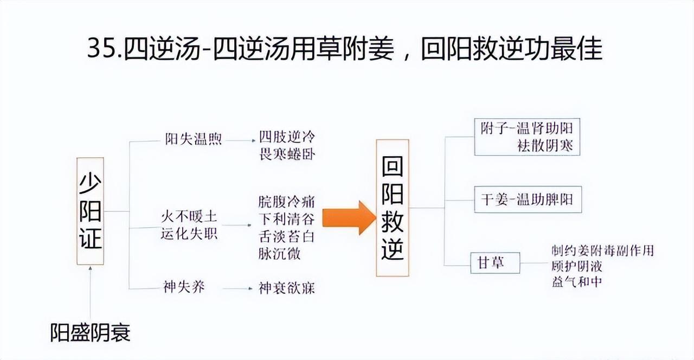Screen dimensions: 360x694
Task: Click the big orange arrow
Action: pos(349,217)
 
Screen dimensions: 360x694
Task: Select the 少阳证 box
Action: pos(90,211)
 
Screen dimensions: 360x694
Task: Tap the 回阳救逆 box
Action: pos(393,208)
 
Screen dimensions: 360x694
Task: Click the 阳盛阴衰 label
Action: pos(91,332)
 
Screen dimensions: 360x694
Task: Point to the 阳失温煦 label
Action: pos(194,139)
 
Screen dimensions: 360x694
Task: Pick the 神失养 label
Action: pos(184,287)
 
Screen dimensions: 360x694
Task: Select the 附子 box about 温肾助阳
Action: pos(527,137)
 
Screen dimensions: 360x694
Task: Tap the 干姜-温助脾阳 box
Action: pos(527,200)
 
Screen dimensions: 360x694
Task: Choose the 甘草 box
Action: pos(495,263)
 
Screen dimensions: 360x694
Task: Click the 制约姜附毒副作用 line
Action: pos(602,251)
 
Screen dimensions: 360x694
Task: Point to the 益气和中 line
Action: pos(576,282)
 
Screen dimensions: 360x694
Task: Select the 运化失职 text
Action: pos(190,235)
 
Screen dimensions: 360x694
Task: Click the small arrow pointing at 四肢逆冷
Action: pos(241,140)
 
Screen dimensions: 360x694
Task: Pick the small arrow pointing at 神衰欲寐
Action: pos(238,288)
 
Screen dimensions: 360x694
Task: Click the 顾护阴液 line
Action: pos(576,267)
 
